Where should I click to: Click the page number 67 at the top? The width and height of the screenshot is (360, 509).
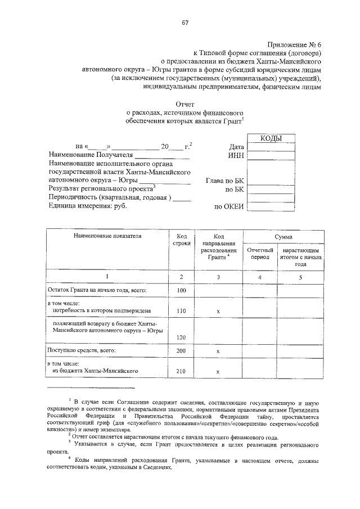184,22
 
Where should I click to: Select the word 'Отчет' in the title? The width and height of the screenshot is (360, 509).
184,104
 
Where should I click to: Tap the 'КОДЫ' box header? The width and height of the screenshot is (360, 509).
271,138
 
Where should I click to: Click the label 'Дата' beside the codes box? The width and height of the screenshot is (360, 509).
237,147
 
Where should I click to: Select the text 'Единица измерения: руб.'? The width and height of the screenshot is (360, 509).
88,206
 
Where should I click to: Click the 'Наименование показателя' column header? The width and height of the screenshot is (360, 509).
107,236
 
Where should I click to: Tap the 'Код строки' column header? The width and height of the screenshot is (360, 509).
181,240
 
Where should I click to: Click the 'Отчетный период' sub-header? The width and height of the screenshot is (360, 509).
260,253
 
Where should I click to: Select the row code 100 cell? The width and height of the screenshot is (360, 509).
181,290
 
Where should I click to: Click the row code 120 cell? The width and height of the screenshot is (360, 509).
181,337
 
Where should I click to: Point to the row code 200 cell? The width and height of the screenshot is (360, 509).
181,350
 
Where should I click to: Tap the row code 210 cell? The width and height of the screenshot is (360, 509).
181,371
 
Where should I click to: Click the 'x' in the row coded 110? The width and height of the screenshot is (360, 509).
218,310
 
